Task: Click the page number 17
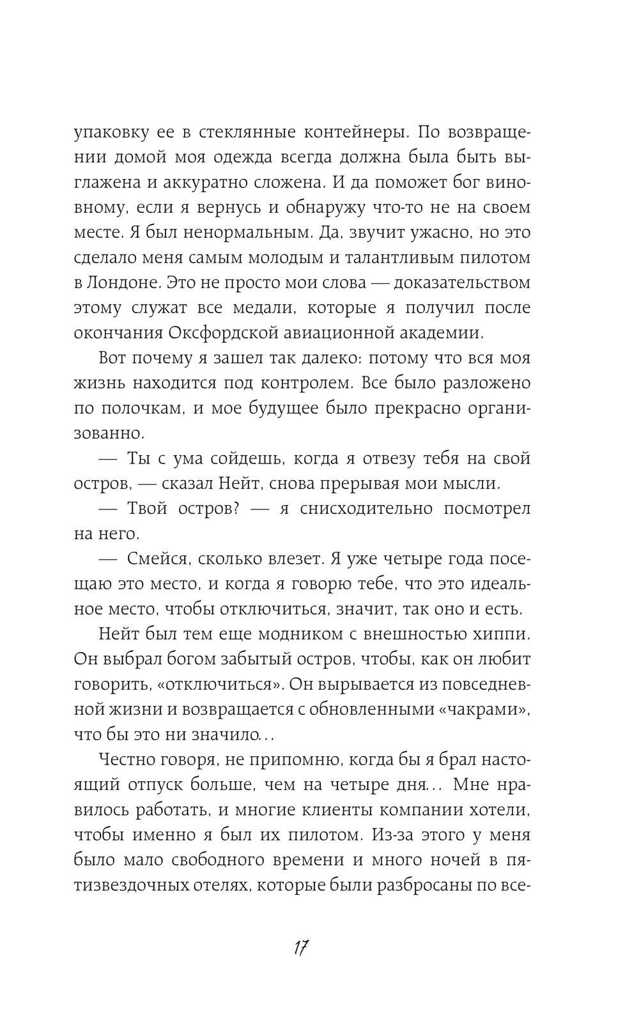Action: [x=302, y=947]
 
